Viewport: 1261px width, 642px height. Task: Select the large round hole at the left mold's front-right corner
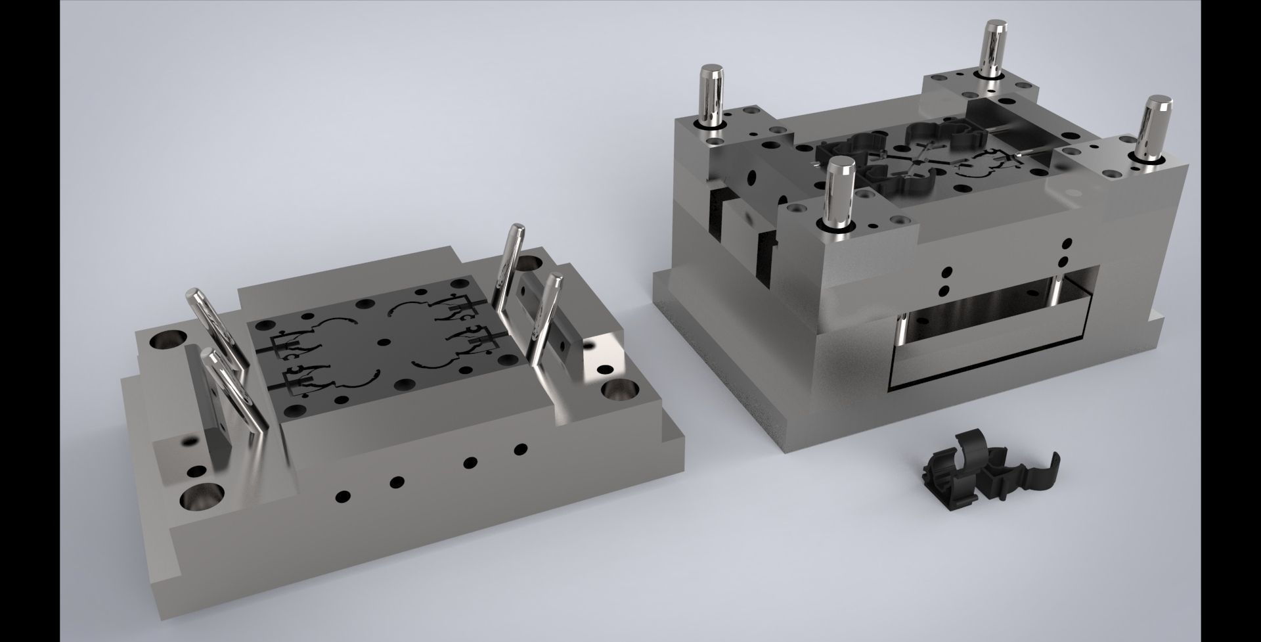click(617, 393)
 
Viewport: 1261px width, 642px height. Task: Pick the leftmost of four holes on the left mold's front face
click(342, 496)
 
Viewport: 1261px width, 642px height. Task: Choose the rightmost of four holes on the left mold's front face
click(521, 450)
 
